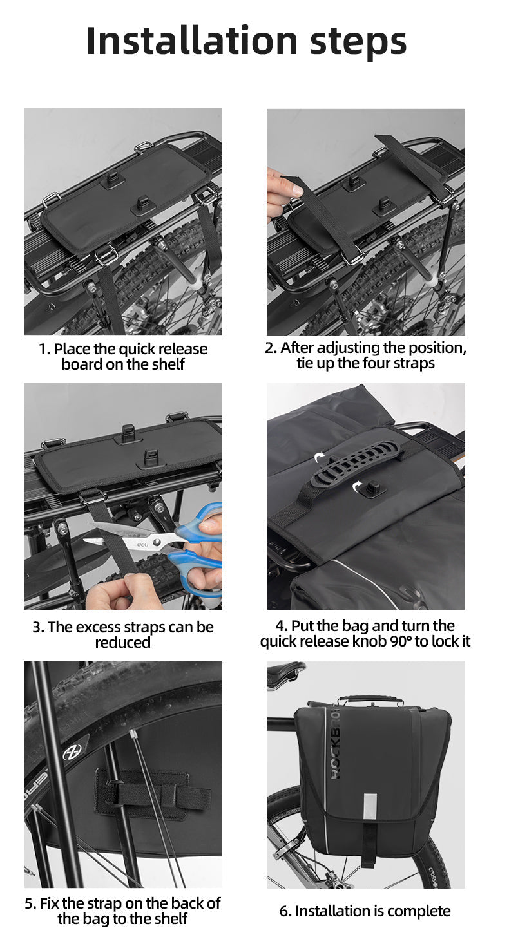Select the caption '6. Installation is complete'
[365, 911]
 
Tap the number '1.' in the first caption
[44, 349]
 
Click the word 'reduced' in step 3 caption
[122, 643]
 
